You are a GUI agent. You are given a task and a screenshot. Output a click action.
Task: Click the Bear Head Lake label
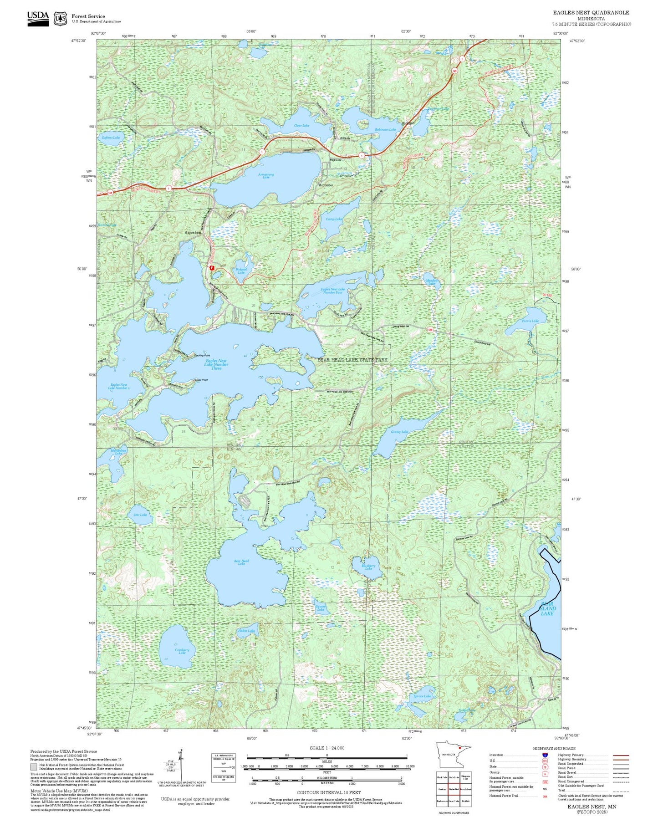click(x=241, y=562)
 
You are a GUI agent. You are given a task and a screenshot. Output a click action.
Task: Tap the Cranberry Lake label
click(x=182, y=651)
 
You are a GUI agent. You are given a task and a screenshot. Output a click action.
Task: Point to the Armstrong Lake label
click(x=266, y=175)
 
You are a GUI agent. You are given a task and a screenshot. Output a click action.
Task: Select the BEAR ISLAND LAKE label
click(x=547, y=608)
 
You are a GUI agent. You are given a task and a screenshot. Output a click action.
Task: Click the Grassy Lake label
click(x=399, y=432)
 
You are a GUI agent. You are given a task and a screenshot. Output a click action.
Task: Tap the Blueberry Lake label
click(x=368, y=567)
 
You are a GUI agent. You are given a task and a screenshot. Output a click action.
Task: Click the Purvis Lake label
click(x=530, y=321)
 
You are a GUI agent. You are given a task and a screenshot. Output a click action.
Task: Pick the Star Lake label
click(x=140, y=515)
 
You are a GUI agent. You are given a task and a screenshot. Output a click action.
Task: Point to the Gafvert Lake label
click(x=111, y=137)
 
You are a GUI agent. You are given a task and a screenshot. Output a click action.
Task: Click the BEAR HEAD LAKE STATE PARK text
click(x=352, y=360)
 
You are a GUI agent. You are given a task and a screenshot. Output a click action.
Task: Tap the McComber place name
click(x=326, y=185)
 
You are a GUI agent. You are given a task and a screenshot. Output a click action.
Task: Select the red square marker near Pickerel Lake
click(x=212, y=268)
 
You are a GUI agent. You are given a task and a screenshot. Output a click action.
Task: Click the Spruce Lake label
click(x=422, y=696)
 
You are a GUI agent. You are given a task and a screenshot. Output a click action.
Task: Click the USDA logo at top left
click(x=38, y=18)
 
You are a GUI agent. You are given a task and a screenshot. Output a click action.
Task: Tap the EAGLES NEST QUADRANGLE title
click(x=591, y=12)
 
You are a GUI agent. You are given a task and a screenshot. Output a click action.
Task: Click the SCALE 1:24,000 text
click(x=327, y=748)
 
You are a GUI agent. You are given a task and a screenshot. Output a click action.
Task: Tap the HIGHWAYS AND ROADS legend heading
click(x=554, y=748)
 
